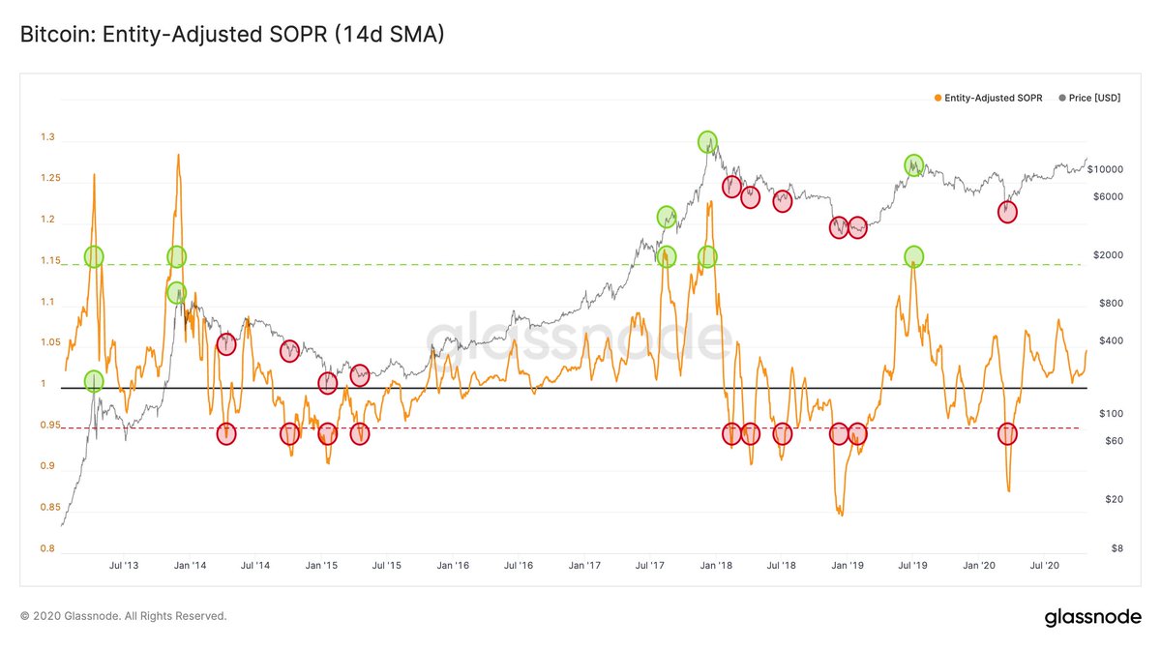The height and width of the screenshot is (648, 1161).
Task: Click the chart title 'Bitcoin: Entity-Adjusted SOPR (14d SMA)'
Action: coord(232,35)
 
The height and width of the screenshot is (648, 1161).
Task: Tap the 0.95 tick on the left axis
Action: coord(49,426)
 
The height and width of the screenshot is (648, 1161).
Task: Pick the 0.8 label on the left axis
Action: coord(46,549)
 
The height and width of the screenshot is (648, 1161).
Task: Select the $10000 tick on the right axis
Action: coord(1105,169)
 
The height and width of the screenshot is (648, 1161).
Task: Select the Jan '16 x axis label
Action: coord(453,565)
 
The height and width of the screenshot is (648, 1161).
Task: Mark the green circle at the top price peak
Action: coord(708,141)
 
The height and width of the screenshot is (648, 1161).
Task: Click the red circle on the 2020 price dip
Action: coord(1007,213)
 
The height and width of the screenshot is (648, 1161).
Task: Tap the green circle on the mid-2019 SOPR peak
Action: coord(914,256)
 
